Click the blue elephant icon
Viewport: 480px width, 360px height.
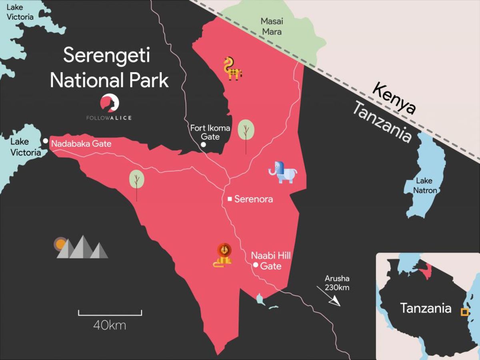[x=283, y=172]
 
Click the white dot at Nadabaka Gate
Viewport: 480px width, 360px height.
[x=46, y=141]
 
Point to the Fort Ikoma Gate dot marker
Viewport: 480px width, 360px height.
[x=203, y=144]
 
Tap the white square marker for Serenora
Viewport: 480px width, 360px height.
[x=230, y=199]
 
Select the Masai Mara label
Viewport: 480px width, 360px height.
[x=271, y=26]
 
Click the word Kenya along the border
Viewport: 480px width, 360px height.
[x=394, y=97]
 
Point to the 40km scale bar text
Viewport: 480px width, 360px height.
[x=110, y=325]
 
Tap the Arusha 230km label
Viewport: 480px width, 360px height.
[x=337, y=282]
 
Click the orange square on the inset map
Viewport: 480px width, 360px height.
[x=464, y=312]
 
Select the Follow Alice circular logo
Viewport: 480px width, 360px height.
[x=110, y=103]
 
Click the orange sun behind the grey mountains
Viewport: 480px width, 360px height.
[x=60, y=244]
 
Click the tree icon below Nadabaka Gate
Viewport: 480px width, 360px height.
[x=136, y=180]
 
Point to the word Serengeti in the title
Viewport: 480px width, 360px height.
[x=106, y=55]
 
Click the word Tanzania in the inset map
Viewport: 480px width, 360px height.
[x=426, y=308]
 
